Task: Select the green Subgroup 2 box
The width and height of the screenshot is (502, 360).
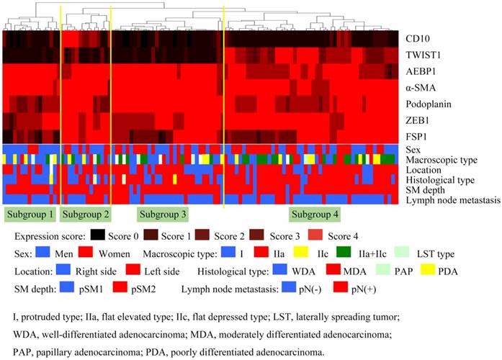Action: (x=86, y=214)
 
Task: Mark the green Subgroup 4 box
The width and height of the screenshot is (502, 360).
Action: (x=315, y=214)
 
